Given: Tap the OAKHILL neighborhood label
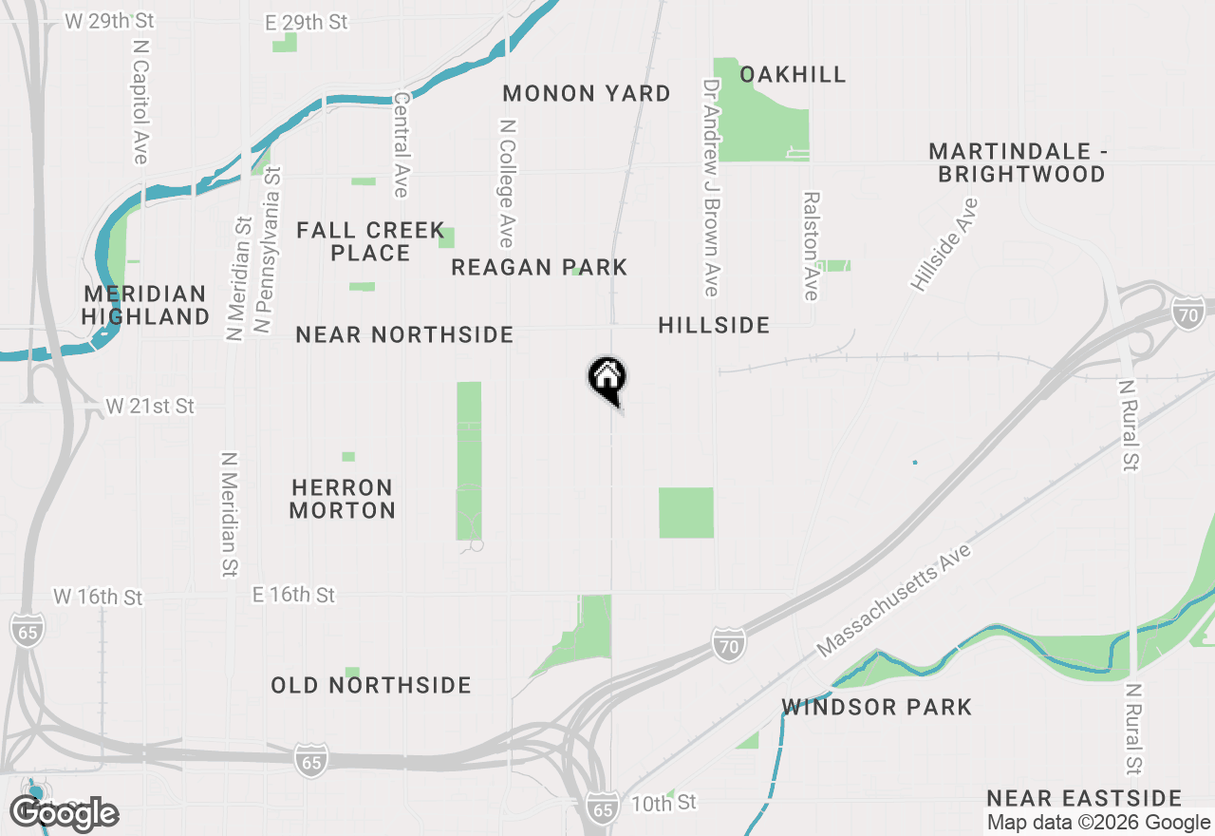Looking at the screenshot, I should coord(793,74).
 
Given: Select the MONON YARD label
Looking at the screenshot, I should coord(587,93).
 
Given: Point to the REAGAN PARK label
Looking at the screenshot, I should coord(539,268).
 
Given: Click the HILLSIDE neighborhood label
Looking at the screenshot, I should coord(714,325).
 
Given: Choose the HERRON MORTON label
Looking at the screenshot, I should coord(343,499).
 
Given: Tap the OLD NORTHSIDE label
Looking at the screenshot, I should coord(371,685).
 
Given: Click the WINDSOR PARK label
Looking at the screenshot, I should coord(877,707).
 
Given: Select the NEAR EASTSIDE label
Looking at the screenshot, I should coord(1084,798).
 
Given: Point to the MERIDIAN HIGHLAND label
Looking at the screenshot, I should coord(145,305).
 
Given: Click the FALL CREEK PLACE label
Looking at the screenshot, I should coord(371,241).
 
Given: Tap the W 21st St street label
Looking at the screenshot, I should coord(150,406).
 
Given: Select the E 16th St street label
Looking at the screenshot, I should coord(293,595).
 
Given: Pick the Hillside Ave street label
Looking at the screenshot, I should coord(944,244).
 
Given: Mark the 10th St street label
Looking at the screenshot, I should coord(664,803).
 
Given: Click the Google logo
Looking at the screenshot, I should coord(65,813).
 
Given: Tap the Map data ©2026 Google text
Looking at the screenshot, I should coord(1098,823).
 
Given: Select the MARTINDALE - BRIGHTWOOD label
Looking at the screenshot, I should coord(1019,162).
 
